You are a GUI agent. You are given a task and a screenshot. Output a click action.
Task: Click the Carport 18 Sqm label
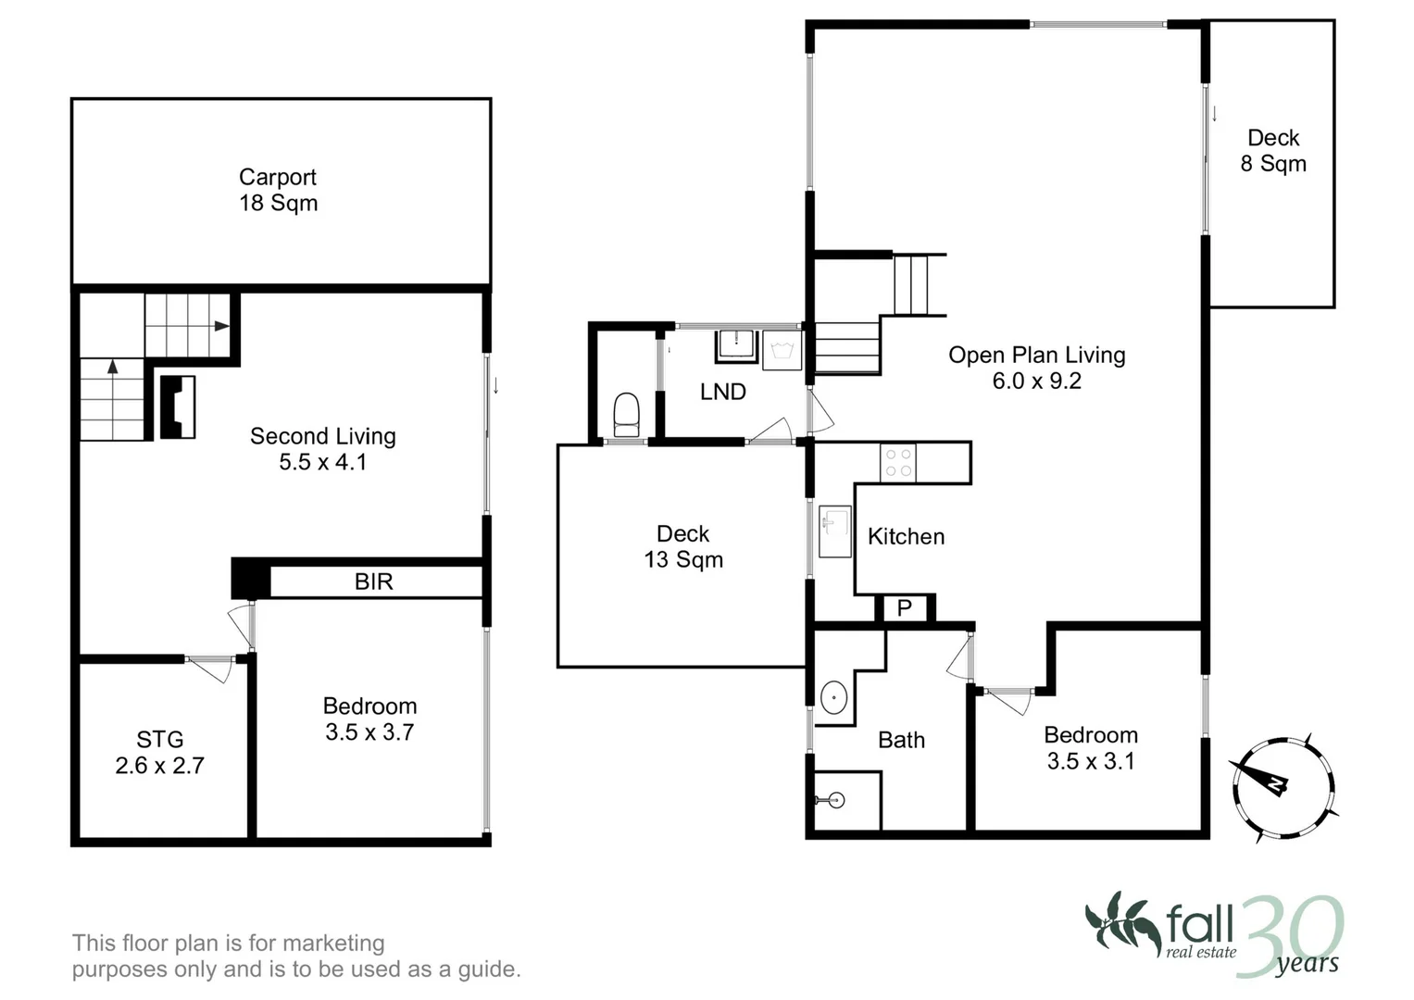click(278, 190)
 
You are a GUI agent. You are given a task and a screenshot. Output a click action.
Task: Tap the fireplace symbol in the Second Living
click(178, 406)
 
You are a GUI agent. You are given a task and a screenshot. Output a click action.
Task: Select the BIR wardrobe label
click(373, 581)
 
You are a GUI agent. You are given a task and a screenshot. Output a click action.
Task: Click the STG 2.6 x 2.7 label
click(159, 752)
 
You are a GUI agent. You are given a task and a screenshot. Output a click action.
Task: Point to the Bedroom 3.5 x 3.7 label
click(369, 719)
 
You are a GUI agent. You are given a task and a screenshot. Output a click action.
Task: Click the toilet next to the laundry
click(627, 413)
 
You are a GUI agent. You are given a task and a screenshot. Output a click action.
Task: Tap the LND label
click(722, 392)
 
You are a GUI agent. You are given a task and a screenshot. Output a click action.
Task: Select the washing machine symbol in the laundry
click(782, 353)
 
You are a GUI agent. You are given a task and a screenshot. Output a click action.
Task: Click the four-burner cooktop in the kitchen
click(897, 463)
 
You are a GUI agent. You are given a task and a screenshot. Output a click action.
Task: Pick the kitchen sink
click(835, 531)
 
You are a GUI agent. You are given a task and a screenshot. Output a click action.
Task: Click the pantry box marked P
click(905, 608)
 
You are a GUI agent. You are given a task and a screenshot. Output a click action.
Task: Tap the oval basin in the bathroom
click(834, 696)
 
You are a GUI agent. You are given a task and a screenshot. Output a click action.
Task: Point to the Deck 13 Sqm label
click(683, 546)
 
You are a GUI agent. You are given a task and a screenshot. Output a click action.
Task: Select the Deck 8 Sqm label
click(1273, 151)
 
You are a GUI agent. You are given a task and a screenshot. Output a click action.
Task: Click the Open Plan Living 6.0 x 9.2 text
click(1036, 368)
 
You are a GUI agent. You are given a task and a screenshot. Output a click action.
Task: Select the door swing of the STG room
click(213, 669)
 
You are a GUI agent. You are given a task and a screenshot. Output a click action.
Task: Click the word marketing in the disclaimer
click(333, 943)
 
